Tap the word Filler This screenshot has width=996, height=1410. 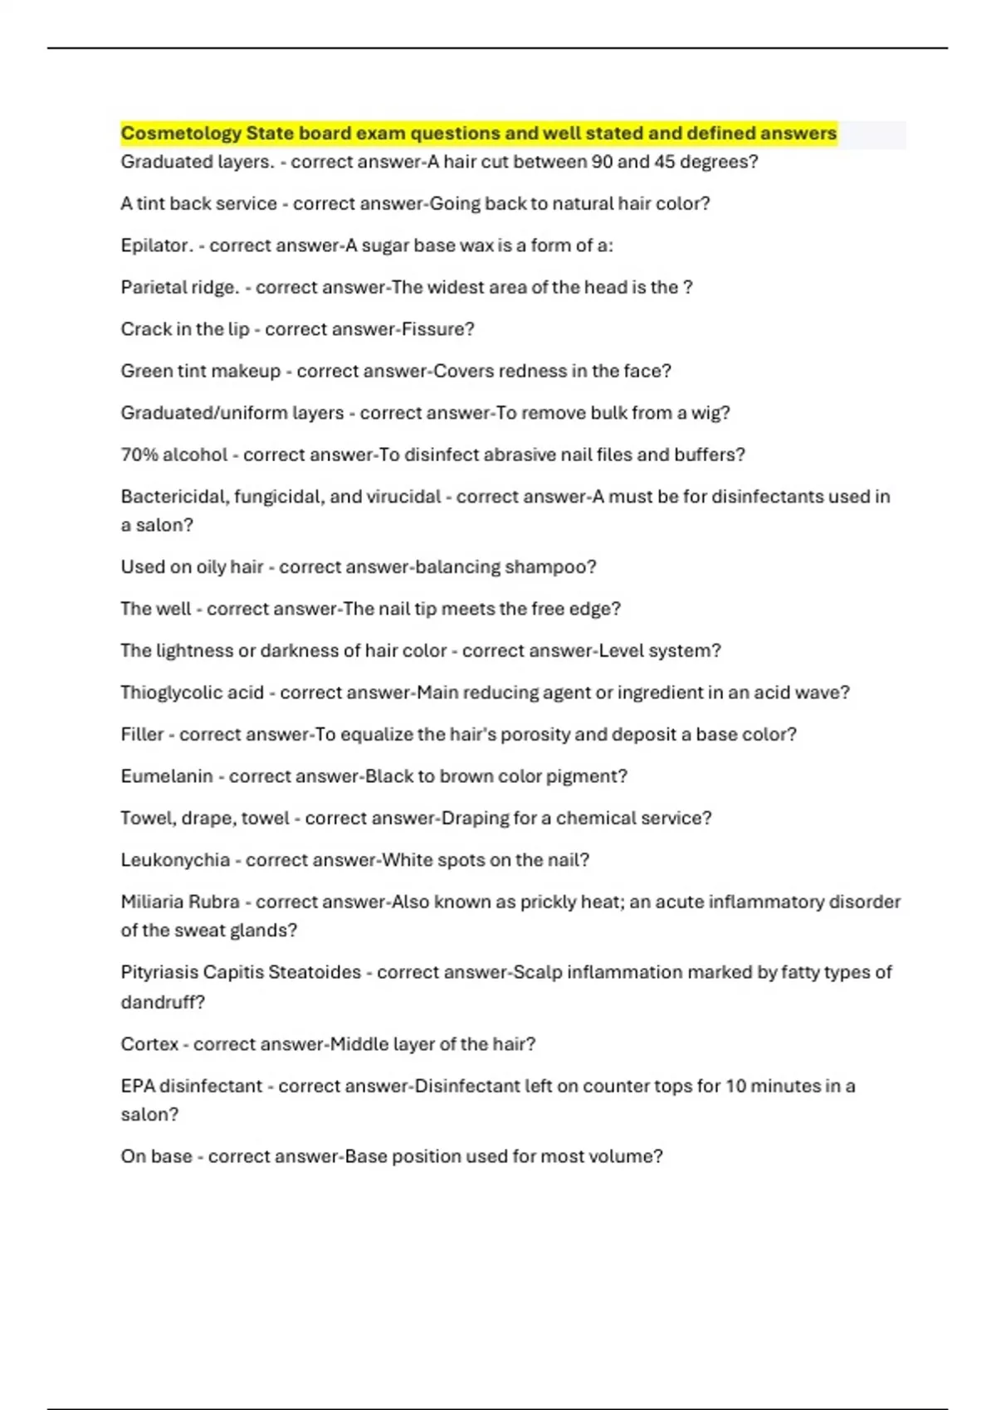142,734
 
